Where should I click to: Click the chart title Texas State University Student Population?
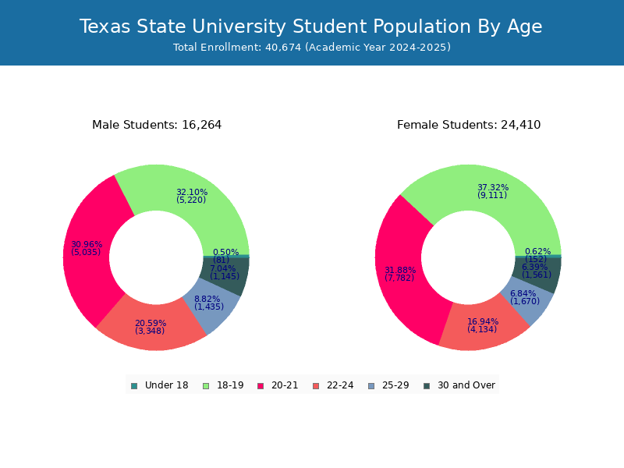coord(311,27)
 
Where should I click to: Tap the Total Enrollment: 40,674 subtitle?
coord(311,48)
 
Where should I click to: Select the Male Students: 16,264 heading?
coord(157,125)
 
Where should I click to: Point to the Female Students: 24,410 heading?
coord(469,125)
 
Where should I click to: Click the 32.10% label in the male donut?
coord(192,193)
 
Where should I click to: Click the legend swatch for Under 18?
coord(134,385)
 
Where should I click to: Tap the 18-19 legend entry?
coord(223,385)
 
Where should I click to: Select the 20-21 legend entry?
coord(278,385)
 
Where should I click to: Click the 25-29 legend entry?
coord(388,385)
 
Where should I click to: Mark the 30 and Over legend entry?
coord(459,385)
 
